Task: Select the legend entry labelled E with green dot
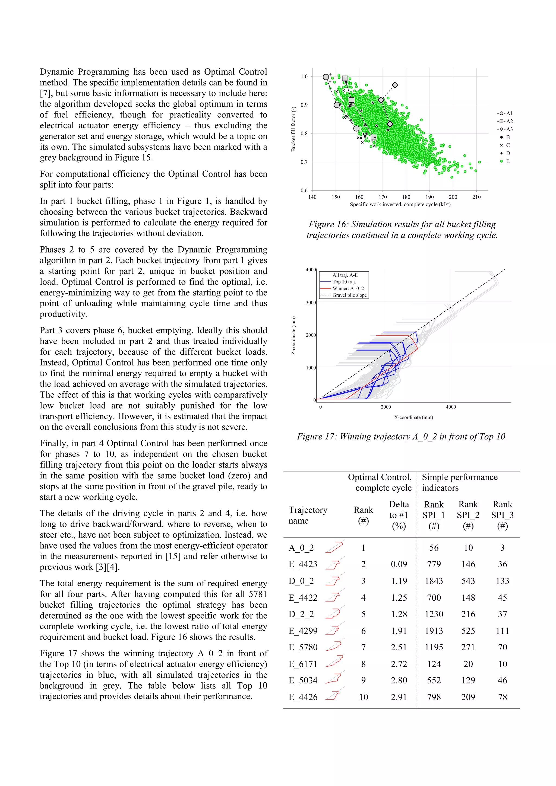click(505, 161)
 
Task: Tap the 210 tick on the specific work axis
click(476, 197)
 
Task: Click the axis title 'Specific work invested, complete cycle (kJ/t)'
click(400, 204)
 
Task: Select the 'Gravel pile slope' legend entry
click(344, 295)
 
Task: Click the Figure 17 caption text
click(402, 437)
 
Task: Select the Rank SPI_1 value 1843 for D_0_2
click(434, 581)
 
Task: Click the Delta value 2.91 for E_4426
click(399, 697)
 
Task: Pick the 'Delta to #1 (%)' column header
click(399, 515)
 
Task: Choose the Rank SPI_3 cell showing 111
click(502, 631)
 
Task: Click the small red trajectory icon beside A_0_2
click(335, 547)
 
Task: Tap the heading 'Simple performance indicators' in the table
click(459, 482)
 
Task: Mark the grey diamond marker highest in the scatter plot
click(395, 85)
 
